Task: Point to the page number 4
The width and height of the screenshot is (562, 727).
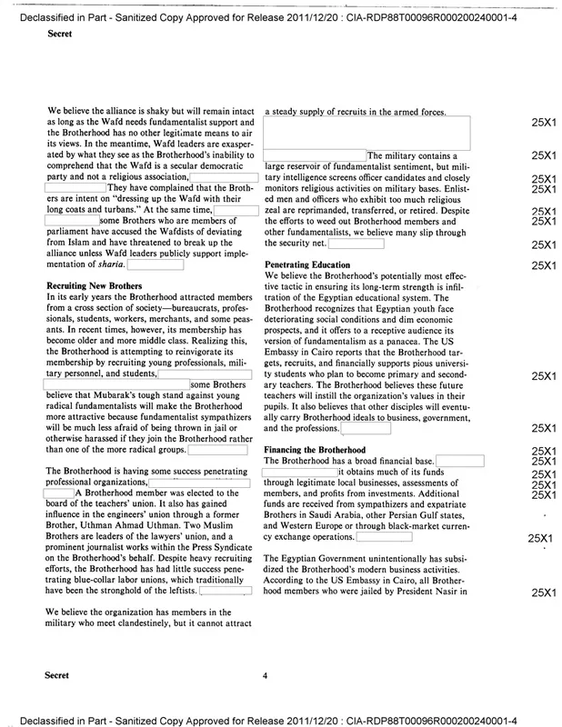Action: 264,677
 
